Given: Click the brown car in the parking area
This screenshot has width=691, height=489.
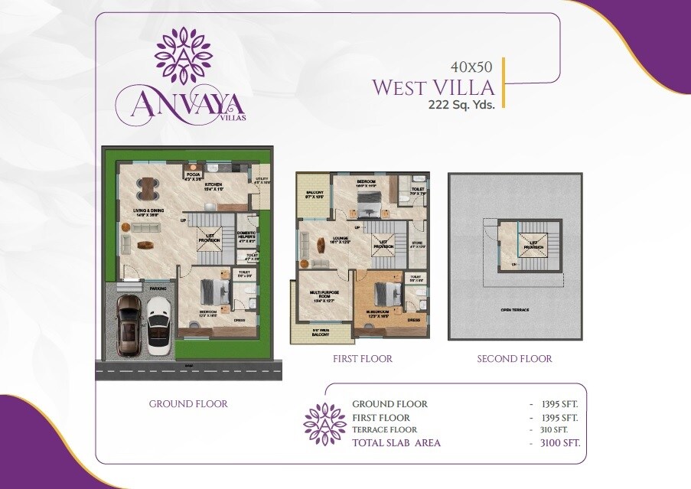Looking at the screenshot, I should [x=128, y=325].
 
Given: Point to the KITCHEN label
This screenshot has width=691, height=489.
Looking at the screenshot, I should [x=213, y=186].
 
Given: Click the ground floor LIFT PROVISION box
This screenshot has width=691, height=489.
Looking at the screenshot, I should [x=210, y=239].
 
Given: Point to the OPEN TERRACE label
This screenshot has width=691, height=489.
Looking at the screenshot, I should [x=515, y=310].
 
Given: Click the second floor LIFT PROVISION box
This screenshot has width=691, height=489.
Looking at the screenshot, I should [x=533, y=245].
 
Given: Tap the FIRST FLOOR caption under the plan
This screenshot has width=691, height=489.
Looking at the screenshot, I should [x=363, y=359].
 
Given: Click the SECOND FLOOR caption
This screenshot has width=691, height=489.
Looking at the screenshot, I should [x=514, y=359].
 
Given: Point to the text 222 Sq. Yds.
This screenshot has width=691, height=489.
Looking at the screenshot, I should [x=461, y=106].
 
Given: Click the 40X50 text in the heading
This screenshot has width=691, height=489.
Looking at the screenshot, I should [x=467, y=67].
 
